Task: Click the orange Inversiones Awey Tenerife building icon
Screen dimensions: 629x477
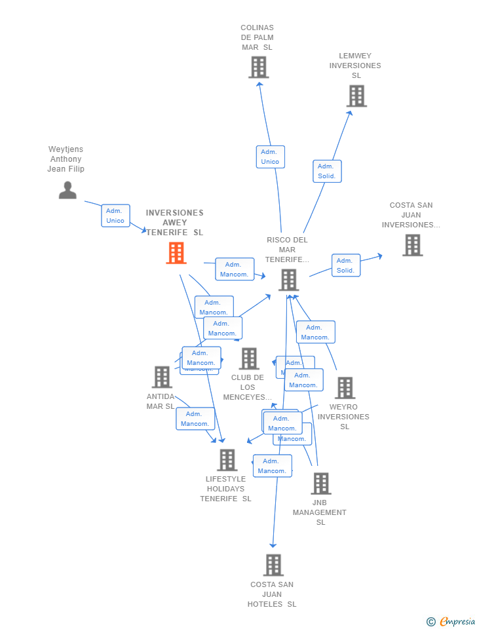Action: click(x=176, y=253)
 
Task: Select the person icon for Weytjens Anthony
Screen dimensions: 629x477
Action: click(x=67, y=190)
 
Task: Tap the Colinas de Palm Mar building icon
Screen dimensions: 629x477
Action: click(x=258, y=67)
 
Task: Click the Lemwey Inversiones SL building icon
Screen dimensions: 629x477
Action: click(x=356, y=96)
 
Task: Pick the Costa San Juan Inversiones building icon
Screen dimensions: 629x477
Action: click(x=412, y=245)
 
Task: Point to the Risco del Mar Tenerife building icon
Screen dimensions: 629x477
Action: click(x=288, y=280)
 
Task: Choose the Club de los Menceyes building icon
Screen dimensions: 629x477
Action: click(x=248, y=358)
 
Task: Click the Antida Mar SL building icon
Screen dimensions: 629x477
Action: click(x=162, y=377)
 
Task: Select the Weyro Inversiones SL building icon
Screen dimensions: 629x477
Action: click(x=345, y=388)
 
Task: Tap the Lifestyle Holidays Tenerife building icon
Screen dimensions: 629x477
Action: click(x=227, y=460)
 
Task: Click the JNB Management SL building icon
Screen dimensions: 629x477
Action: click(x=320, y=484)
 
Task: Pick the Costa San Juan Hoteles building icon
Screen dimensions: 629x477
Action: click(x=273, y=565)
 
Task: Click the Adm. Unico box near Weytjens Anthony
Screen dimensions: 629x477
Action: click(x=115, y=216)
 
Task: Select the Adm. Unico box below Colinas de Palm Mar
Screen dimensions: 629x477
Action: click(x=270, y=157)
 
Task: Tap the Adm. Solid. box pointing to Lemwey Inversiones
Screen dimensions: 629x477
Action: click(x=327, y=171)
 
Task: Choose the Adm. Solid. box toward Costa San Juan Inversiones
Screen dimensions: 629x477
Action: click(x=345, y=265)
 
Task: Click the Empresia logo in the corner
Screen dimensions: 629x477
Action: click(x=451, y=621)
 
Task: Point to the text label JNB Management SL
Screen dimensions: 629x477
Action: click(x=320, y=512)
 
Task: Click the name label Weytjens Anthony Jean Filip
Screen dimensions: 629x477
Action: click(x=66, y=159)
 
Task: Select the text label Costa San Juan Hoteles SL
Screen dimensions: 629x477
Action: click(x=272, y=594)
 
